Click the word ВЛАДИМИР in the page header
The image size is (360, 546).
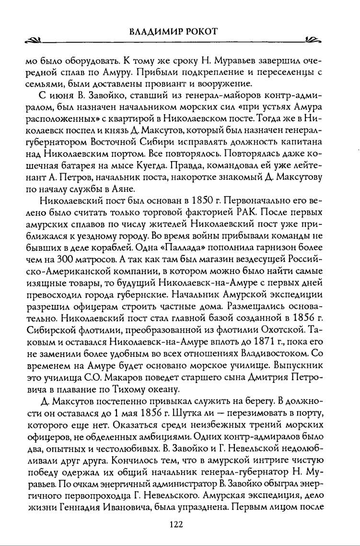point(154,32)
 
